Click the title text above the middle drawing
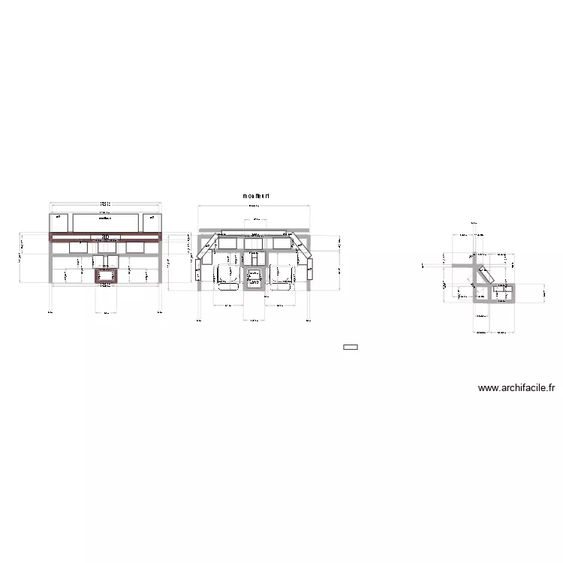tap(255, 196)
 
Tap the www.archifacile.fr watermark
tap(516, 388)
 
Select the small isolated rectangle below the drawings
tap(350, 347)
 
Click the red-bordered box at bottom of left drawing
tap(106, 276)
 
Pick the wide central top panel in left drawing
tap(106, 223)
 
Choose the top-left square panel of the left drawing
tap(59, 223)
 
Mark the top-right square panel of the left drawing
tap(151, 223)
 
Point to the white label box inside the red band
tap(106, 237)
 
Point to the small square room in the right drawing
tap(500, 293)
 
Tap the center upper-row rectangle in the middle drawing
tap(254, 242)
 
